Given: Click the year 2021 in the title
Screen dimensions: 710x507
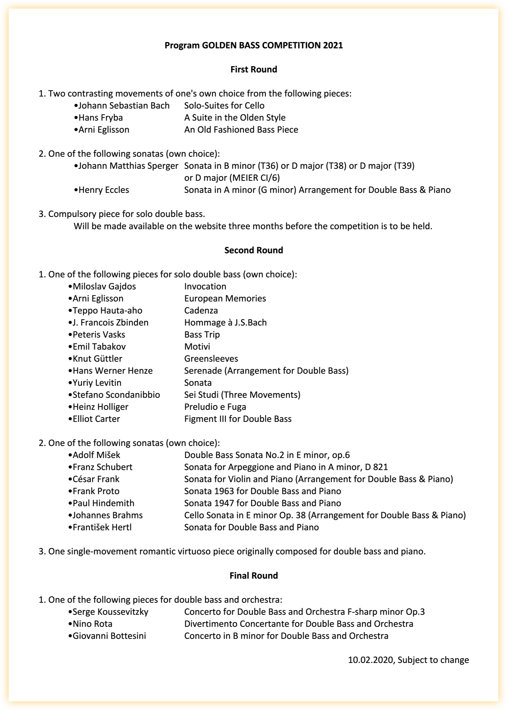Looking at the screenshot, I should tap(333, 46).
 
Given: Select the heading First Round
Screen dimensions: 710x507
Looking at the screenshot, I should tap(254, 70).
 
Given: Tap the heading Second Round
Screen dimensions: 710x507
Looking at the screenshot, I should tap(254, 250).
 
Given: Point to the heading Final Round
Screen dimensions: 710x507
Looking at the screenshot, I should tap(254, 576).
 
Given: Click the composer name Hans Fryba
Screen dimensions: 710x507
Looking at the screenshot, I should tap(100, 118).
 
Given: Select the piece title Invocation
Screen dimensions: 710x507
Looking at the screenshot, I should tap(205, 287).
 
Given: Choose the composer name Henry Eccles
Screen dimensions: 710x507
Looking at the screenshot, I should tap(104, 190).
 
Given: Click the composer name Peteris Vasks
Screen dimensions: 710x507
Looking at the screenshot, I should tap(99, 335).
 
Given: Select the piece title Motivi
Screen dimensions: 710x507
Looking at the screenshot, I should tap(197, 347).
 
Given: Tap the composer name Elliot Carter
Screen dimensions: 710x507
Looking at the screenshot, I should tap(96, 419).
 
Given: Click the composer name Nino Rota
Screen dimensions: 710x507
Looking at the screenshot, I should tap(92, 624).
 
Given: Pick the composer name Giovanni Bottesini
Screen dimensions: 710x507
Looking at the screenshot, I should tap(109, 636).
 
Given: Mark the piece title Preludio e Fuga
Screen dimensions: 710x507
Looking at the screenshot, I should tap(215, 407).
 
